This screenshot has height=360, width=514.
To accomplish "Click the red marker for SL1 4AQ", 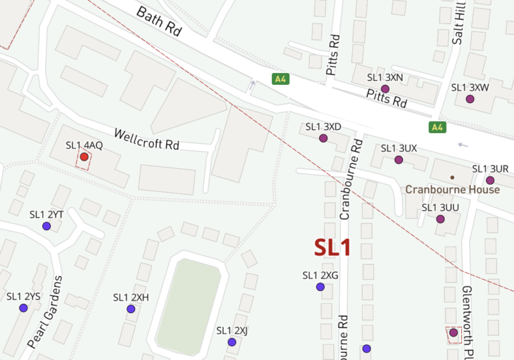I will pos(84,157).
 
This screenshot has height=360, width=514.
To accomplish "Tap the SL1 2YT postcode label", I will pos(46,215).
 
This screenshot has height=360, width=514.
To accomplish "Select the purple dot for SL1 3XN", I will pos(385,89).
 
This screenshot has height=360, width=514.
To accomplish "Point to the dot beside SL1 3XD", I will pos(323,139).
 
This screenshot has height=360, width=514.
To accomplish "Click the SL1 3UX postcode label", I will pos(399,148).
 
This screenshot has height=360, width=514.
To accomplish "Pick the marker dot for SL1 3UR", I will pos(490,181).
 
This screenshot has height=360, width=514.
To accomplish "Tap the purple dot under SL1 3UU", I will pos(440,219).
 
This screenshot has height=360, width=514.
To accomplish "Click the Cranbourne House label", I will pos(452,189).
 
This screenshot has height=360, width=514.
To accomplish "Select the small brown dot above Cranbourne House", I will pos(452,177).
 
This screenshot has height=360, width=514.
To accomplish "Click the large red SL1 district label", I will pos(333,247).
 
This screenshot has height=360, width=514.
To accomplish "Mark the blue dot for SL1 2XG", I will pos(320,287).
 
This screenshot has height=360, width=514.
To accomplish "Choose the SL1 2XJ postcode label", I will pos(232,331).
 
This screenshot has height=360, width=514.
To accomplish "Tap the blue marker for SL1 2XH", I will pos(131,309).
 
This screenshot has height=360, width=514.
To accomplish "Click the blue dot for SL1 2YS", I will pos(23,308).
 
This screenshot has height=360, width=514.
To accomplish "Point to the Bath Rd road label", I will pos(158,22).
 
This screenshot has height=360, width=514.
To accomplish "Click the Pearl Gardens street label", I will pos(46,312).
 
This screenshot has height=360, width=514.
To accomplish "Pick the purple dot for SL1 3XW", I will pos(470,99).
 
